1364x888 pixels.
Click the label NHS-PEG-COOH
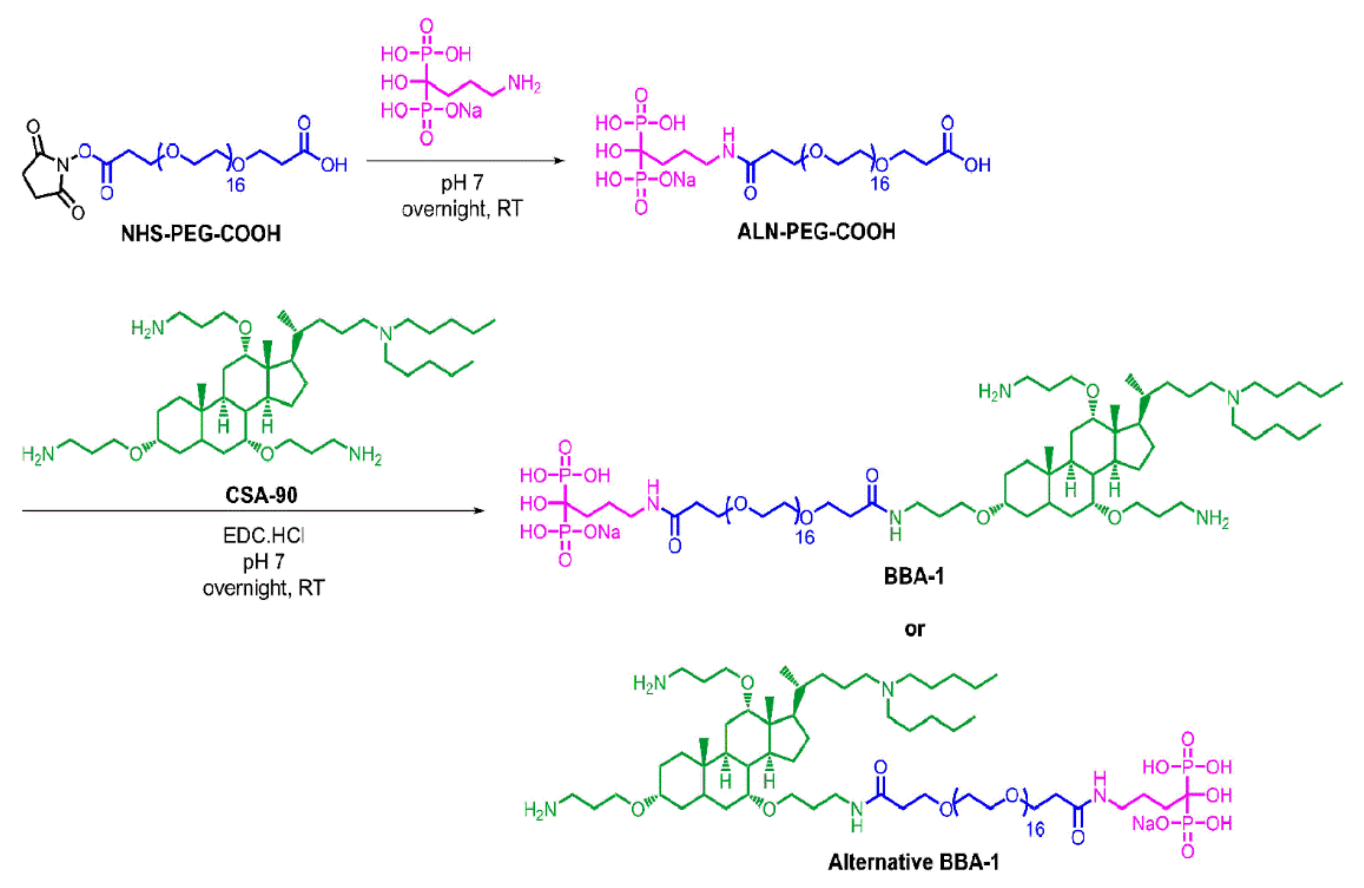[x=201, y=233]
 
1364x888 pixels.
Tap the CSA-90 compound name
[x=261, y=495]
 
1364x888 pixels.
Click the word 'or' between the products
[x=914, y=629]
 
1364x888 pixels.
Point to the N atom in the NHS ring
[x=63, y=166]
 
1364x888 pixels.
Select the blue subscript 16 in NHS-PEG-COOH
[x=235, y=185]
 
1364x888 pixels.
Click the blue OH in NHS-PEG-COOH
[x=334, y=166]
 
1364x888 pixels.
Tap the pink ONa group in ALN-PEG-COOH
[x=678, y=180]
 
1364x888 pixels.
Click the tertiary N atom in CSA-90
[x=386, y=333]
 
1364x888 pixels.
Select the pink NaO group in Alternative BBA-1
[x=1150, y=824]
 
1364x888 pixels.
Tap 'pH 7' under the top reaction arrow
[x=462, y=183]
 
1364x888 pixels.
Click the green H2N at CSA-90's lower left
[x=38, y=455]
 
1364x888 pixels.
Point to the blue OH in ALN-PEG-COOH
[x=977, y=166]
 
